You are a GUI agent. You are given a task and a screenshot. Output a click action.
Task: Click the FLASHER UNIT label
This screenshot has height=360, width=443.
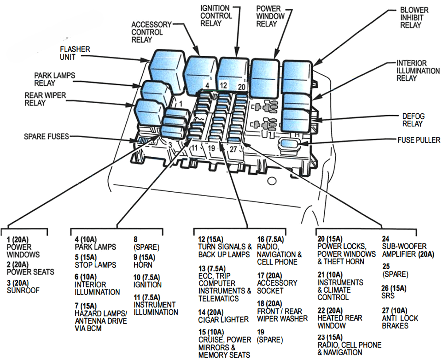pyautogui.click(x=75, y=53)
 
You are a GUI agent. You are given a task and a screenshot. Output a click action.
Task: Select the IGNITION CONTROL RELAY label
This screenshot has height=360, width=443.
pyautogui.click(x=216, y=15)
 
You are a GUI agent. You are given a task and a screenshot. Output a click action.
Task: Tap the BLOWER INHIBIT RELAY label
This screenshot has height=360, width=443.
pyautogui.click(x=414, y=18)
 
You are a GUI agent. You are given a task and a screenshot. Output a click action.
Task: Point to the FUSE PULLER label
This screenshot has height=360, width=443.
pyautogui.click(x=419, y=140)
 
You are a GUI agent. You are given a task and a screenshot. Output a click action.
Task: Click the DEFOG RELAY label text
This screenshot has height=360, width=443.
pyautogui.click(x=412, y=120)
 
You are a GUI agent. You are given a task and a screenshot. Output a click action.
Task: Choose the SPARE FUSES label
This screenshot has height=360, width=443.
pyautogui.click(x=46, y=136)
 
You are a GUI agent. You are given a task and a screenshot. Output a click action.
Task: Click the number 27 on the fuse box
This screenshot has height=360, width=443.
pyautogui.click(x=233, y=149)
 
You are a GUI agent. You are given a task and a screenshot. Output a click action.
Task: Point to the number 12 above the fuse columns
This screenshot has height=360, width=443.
pyautogui.click(x=223, y=85)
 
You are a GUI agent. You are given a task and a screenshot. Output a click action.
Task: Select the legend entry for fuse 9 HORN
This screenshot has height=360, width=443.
pyautogui.click(x=144, y=261)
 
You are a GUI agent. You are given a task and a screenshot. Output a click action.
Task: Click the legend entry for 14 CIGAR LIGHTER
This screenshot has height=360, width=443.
pyautogui.click(x=223, y=316)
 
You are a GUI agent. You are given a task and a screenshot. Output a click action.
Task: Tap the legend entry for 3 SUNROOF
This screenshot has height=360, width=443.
pyautogui.click(x=23, y=286)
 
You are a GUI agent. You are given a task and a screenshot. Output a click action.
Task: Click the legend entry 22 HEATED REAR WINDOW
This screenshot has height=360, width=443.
pyautogui.click(x=340, y=318)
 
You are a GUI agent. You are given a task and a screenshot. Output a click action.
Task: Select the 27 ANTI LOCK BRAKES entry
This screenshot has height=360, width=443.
pyautogui.click(x=400, y=318)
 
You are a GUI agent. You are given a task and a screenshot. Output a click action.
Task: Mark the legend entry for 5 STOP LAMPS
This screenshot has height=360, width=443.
pyautogui.click(x=95, y=261)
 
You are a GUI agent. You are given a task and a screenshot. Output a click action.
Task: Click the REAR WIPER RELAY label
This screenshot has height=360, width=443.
pyautogui.click(x=41, y=99)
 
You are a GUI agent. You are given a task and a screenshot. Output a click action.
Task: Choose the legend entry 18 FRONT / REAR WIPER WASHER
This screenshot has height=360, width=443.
pyautogui.click(x=282, y=311)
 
